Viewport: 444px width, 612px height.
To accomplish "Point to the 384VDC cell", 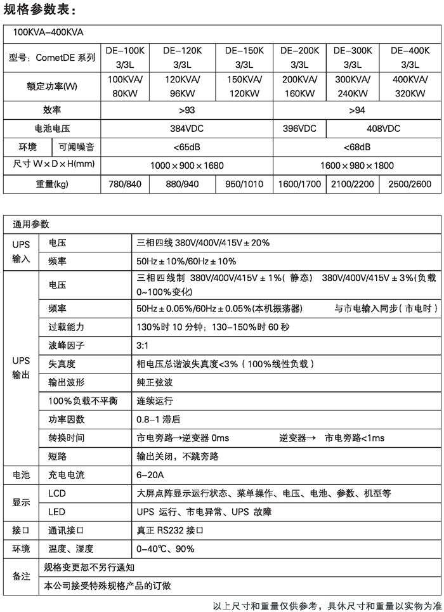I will (186, 128).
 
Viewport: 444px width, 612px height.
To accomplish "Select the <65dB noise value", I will (186, 147).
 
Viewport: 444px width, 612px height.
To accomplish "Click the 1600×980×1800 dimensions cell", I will (357, 166).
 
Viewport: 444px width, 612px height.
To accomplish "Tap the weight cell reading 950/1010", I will (244, 185).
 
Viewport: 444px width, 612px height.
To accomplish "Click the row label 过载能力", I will (66, 327).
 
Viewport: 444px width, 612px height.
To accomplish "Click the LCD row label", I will (56, 493).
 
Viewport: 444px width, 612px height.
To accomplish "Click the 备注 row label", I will (20, 576).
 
